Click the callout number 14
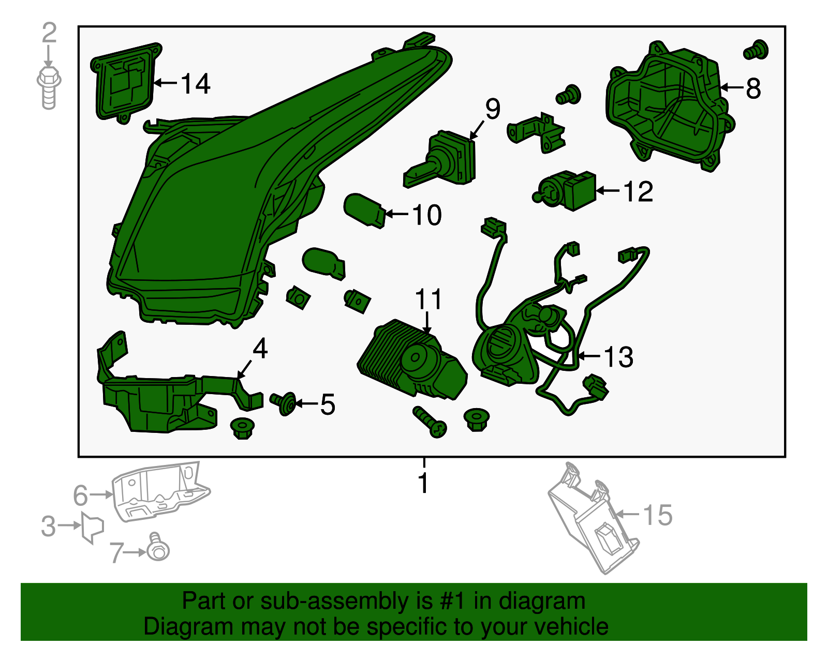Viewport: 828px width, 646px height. [x=196, y=83]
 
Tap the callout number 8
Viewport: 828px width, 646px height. [x=753, y=88]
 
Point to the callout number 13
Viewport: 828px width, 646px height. [x=619, y=357]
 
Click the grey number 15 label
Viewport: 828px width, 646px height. [x=658, y=515]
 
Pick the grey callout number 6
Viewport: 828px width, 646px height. [x=80, y=495]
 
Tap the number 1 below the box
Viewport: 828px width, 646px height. [x=423, y=483]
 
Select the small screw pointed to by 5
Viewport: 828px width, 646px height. [x=284, y=403]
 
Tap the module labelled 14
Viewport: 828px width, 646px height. [x=126, y=83]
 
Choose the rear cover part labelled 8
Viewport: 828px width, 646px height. [x=670, y=107]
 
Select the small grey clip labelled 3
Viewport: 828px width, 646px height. [x=93, y=528]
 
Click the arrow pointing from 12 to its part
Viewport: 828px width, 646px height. [x=608, y=190]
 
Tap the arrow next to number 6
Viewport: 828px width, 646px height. [x=101, y=494]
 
